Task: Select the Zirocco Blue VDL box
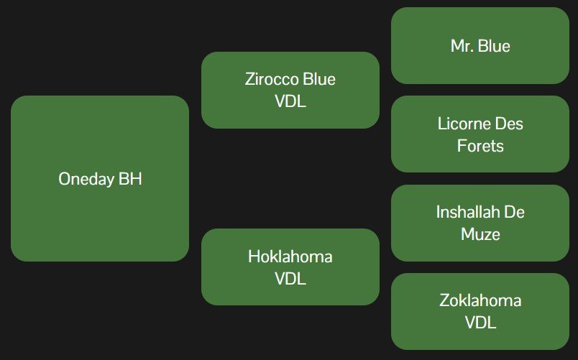point(290,90)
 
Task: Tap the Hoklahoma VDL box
point(290,267)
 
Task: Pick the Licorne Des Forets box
point(480,134)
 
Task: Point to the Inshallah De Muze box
point(480,223)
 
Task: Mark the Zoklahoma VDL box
point(480,311)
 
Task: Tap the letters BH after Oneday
point(130,179)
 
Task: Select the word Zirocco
point(270,79)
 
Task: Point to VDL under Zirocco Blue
point(290,101)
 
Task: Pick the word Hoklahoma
point(290,257)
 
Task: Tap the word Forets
point(480,146)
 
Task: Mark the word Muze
point(480,234)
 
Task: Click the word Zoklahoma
point(480,300)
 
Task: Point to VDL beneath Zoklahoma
point(480,323)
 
